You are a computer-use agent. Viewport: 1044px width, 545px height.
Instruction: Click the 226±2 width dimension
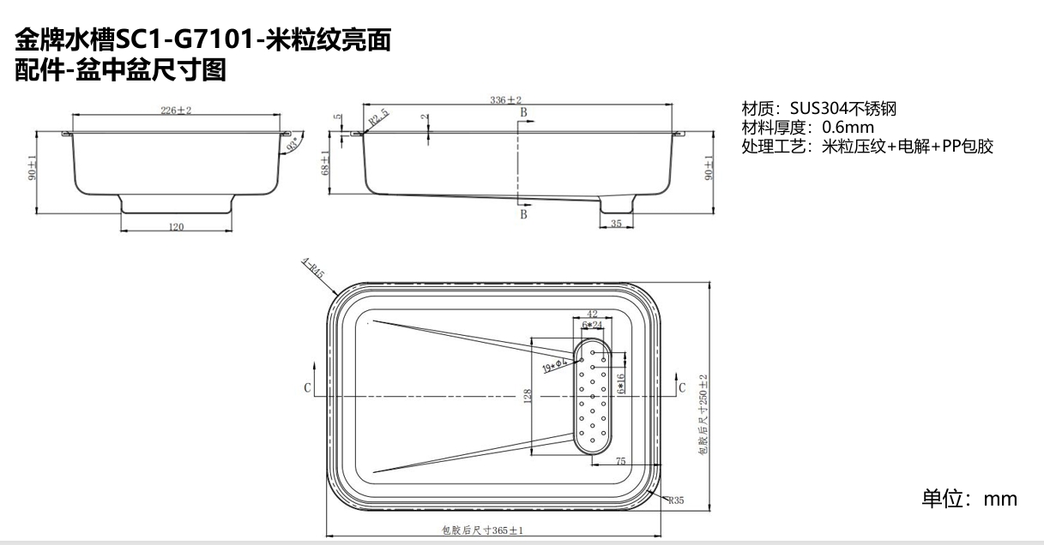pos(176,111)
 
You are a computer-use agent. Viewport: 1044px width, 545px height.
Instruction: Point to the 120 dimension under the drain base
pos(176,227)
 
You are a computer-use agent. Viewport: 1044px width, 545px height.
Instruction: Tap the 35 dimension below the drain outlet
pos(616,224)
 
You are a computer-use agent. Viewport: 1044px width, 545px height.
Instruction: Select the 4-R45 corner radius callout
pos(311,270)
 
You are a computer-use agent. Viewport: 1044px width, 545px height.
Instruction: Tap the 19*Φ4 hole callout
pos(557,366)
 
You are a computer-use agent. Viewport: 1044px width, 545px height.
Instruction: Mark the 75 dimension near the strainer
pos(620,461)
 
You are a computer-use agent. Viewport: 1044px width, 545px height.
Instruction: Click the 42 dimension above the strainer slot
pos(592,314)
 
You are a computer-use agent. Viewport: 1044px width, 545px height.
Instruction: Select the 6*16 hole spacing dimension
pos(620,381)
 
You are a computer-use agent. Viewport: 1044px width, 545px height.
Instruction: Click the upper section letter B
pos(522,112)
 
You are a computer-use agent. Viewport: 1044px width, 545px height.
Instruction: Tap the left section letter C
pos(307,388)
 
